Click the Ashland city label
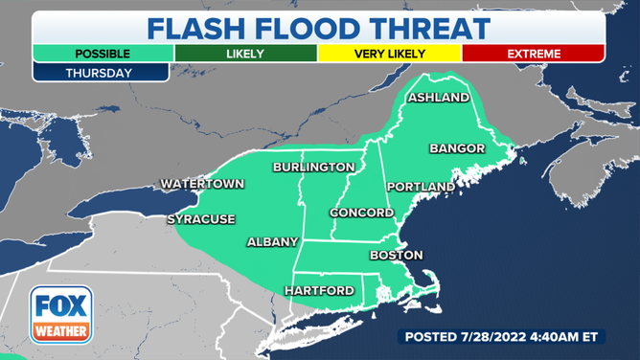tap(439, 98)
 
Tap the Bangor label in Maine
tap(458, 148)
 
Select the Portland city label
tap(420, 186)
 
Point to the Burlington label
tap(313, 167)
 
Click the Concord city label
tap(361, 212)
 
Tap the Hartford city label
tap(319, 290)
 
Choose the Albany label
tap(273, 241)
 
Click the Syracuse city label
tap(201, 219)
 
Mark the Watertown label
tap(202, 183)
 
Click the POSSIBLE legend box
tap(103, 54)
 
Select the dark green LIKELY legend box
tap(246, 54)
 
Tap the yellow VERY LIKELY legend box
tap(390, 54)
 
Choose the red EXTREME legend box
tap(534, 54)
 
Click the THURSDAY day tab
tap(100, 72)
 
